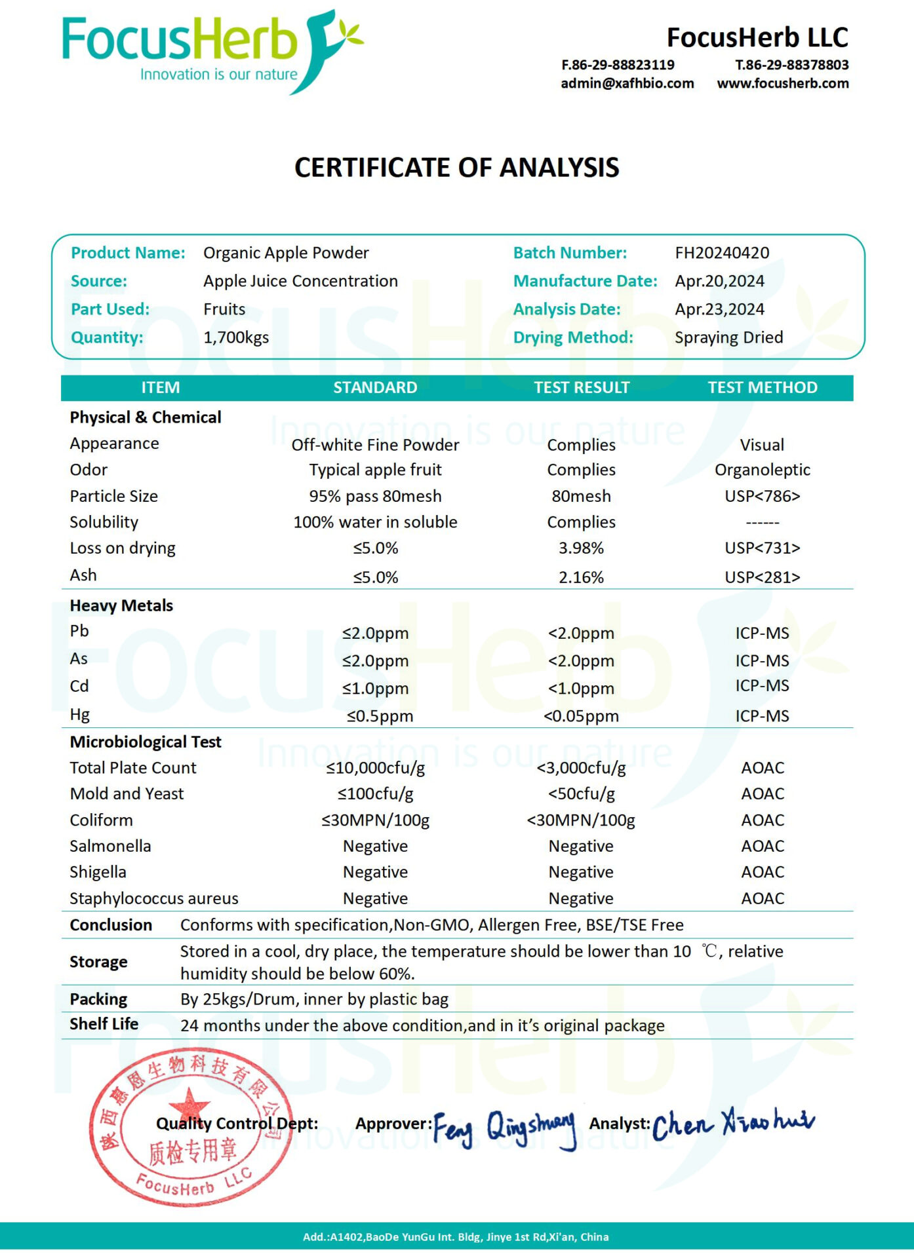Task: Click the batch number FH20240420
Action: pos(722,253)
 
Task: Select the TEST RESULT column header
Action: pos(582,388)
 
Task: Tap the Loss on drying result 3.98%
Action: pos(581,548)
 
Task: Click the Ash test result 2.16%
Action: pos(581,578)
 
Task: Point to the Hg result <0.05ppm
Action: pos(581,716)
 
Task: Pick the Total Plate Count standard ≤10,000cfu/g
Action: pos(375,768)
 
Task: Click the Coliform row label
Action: pos(102,820)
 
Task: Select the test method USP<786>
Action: pos(762,497)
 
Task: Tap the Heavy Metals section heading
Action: pos(121,606)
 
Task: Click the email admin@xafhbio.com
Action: pos(627,84)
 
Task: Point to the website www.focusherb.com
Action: pos(782,84)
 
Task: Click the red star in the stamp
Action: pos(189,1103)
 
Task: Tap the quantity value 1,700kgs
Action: pos(236,338)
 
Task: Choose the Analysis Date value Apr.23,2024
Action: pos(719,310)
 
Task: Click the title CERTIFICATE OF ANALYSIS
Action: pos(456,168)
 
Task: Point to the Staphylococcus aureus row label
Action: pos(154,899)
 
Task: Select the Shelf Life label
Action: pos(104,1024)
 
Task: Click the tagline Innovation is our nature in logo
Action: pos(218,75)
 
